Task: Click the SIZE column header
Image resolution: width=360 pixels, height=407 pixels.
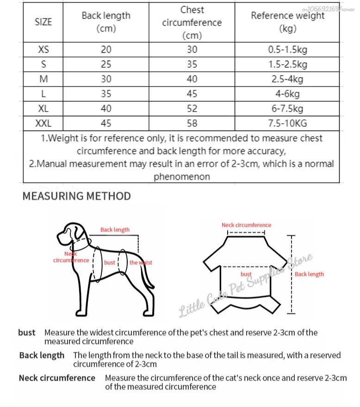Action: (43, 22)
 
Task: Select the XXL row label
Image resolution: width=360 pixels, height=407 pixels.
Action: (43, 123)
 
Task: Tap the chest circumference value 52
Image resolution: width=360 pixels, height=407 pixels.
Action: (192, 108)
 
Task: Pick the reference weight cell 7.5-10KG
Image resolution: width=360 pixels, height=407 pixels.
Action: (287, 123)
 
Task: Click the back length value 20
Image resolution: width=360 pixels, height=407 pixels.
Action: (106, 50)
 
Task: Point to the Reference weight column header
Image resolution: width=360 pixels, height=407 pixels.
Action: (287, 22)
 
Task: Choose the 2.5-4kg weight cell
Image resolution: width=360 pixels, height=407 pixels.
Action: (287, 79)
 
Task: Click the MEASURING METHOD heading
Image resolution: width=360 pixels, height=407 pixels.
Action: (77, 196)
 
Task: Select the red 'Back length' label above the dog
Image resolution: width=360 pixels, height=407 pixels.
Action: (115, 230)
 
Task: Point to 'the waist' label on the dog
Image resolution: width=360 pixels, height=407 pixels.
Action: (141, 263)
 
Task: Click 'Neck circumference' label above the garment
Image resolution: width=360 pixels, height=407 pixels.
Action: (246, 225)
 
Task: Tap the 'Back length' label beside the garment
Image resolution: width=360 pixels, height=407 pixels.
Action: (309, 274)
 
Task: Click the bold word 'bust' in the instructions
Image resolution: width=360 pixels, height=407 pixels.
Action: (27, 332)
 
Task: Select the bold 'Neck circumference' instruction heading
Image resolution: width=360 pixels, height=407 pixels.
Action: (57, 378)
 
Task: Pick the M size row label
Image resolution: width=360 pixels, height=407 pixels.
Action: (43, 79)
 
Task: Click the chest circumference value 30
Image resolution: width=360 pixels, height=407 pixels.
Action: (192, 50)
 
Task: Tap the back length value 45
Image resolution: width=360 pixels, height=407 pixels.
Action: (106, 123)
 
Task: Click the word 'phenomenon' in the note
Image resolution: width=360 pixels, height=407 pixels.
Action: (181, 176)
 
